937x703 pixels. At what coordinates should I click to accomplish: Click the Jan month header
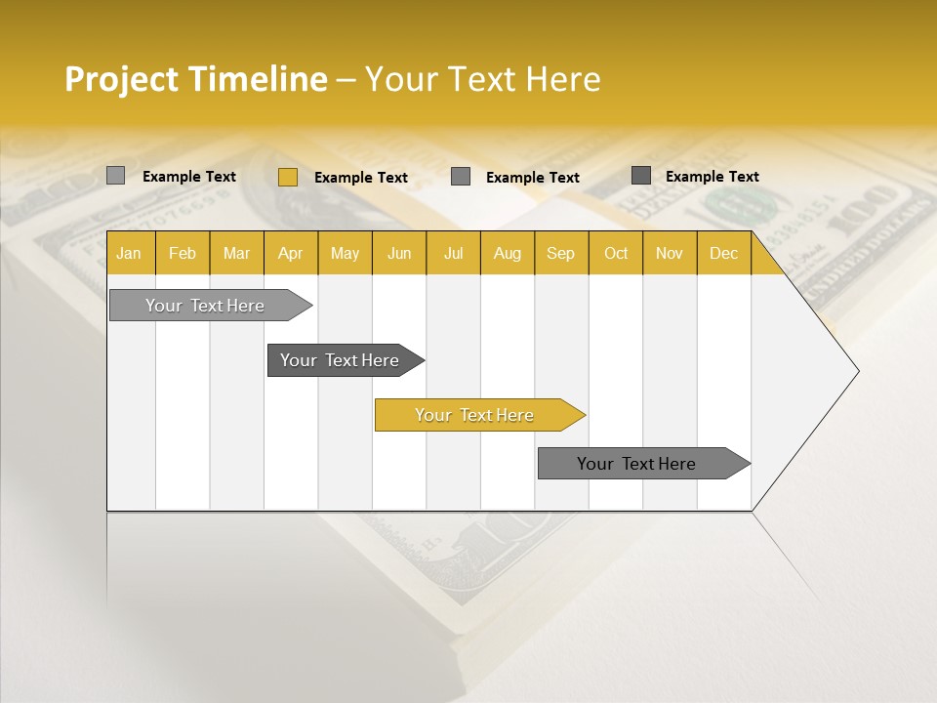coord(130,253)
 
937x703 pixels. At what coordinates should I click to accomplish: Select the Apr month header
coord(291,253)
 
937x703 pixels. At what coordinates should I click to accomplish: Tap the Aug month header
coord(508,253)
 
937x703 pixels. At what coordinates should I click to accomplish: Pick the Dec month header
coord(724,253)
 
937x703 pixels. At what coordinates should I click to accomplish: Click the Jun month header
coord(399,253)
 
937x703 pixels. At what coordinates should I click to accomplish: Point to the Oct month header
coord(616,253)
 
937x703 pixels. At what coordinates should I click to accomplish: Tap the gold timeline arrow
coord(476,415)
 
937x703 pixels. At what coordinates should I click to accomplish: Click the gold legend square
coord(288,177)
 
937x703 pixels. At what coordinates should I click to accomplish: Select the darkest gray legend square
coord(641,176)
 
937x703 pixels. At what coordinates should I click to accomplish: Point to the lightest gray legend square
coord(116,176)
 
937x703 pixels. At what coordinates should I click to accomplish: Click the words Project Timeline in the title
coord(196,79)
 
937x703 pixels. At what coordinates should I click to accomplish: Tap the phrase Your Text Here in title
coord(483,79)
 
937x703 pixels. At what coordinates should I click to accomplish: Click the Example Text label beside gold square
coord(361,178)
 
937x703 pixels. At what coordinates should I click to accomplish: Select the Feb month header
coord(183,253)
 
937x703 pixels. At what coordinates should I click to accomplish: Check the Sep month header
coord(561,253)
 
